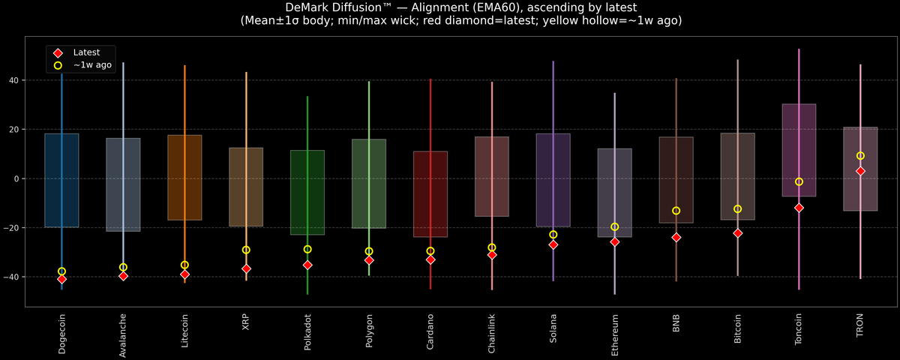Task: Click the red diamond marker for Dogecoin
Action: tap(61, 279)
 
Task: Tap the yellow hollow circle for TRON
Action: tap(860, 156)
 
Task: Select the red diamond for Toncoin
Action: tap(799, 208)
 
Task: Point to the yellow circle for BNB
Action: tap(676, 211)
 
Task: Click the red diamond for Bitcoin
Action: tap(737, 233)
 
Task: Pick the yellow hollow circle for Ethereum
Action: tap(614, 226)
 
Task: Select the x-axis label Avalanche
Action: tap(123, 334)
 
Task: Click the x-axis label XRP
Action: tap(246, 323)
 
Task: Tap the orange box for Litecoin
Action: tap(184, 178)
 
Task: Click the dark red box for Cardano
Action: tap(430, 194)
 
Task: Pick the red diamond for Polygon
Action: tap(369, 260)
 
